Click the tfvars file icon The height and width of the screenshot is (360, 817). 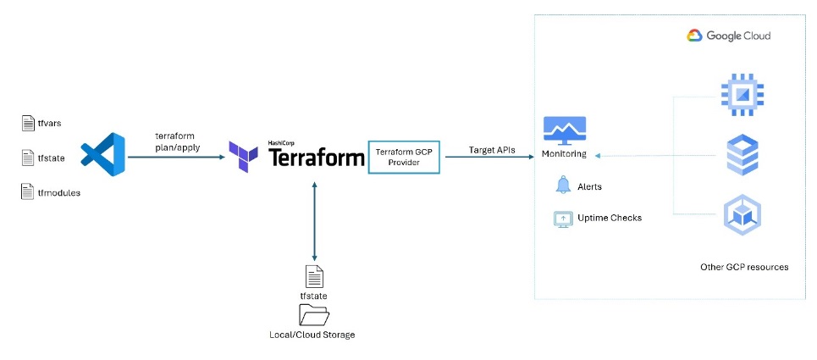coord(28,124)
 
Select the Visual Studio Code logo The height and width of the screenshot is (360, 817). coord(102,155)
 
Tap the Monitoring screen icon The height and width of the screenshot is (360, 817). coord(565,130)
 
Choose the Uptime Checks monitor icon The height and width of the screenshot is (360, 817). coord(563,219)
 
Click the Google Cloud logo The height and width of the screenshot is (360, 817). coord(728,36)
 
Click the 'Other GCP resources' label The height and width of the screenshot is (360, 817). coord(744,267)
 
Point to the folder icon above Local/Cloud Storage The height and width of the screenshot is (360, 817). coord(314,315)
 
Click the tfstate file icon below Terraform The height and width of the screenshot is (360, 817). coord(314,276)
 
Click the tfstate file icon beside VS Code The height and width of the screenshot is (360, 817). coord(28,158)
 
